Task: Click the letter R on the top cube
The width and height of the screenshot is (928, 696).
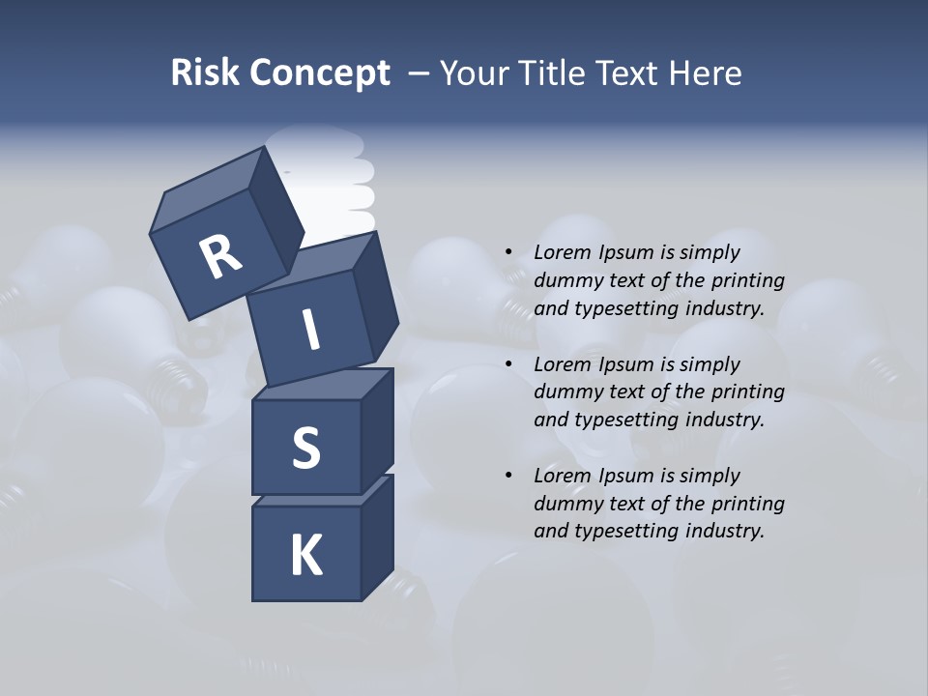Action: pos(220,257)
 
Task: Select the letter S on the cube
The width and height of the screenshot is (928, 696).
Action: pos(305,449)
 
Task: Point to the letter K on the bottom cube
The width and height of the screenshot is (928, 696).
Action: pos(305,556)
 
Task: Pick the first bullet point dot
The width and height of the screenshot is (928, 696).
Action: pos(508,252)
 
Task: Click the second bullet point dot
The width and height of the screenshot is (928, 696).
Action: pos(508,364)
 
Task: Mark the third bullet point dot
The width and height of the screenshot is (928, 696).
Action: pos(508,476)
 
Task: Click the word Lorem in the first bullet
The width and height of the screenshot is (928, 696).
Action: pos(561,252)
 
